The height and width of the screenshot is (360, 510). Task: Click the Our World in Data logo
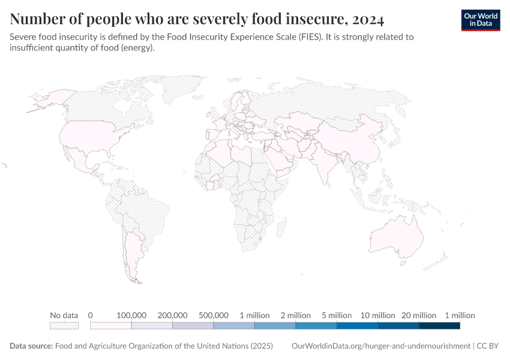(480, 19)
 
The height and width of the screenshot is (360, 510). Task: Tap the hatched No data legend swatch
(64, 326)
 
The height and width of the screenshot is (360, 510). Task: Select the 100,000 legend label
(131, 315)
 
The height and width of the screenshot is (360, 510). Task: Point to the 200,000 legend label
(172, 315)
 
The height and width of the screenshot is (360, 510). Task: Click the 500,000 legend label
(213, 315)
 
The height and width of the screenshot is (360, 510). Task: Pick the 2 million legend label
(295, 315)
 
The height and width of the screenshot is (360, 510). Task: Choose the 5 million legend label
(337, 315)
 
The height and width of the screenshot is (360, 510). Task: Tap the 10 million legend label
(377, 315)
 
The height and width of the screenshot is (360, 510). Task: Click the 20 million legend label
(419, 315)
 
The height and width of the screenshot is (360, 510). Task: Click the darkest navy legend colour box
(439, 326)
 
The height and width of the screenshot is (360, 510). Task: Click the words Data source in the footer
(31, 346)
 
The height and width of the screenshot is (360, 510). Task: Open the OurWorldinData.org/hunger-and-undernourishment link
(380, 346)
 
